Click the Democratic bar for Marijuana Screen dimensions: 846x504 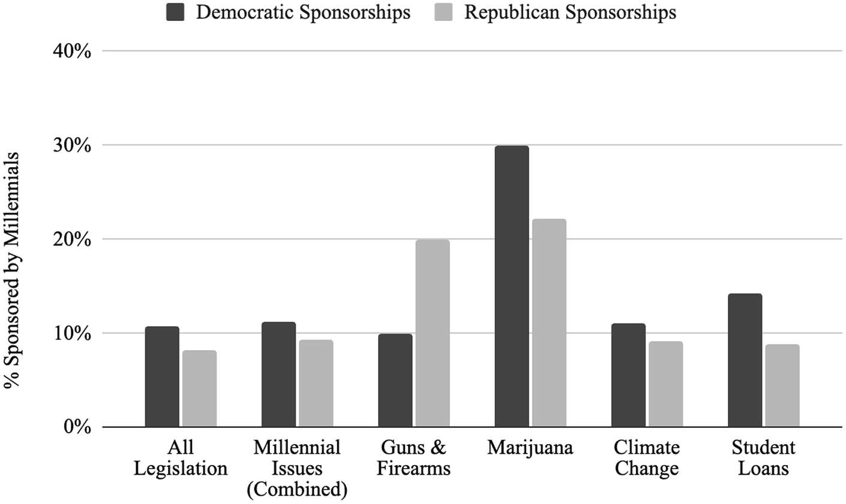(512, 286)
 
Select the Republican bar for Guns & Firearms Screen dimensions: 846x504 (433, 333)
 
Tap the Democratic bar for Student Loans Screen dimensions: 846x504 (745, 360)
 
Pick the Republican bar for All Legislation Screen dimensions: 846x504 (199, 388)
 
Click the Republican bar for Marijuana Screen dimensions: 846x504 (549, 323)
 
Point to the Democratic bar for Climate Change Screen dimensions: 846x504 (628, 375)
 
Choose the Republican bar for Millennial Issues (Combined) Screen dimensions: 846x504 (316, 384)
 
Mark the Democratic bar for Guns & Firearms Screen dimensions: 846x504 (395, 381)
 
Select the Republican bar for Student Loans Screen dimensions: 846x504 (782, 385)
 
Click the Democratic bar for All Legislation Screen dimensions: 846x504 (162, 377)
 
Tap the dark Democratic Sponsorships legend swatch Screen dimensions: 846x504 (175, 12)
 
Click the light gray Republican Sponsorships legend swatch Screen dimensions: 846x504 (443, 12)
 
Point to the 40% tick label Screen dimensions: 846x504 (72, 52)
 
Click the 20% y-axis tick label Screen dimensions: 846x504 (72, 240)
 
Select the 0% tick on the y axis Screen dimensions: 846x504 (77, 427)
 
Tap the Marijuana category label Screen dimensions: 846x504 (530, 448)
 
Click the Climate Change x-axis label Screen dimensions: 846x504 (647, 458)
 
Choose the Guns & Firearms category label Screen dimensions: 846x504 (413, 458)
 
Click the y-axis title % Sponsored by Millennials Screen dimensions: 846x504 (12, 270)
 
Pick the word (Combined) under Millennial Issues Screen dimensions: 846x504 (297, 490)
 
